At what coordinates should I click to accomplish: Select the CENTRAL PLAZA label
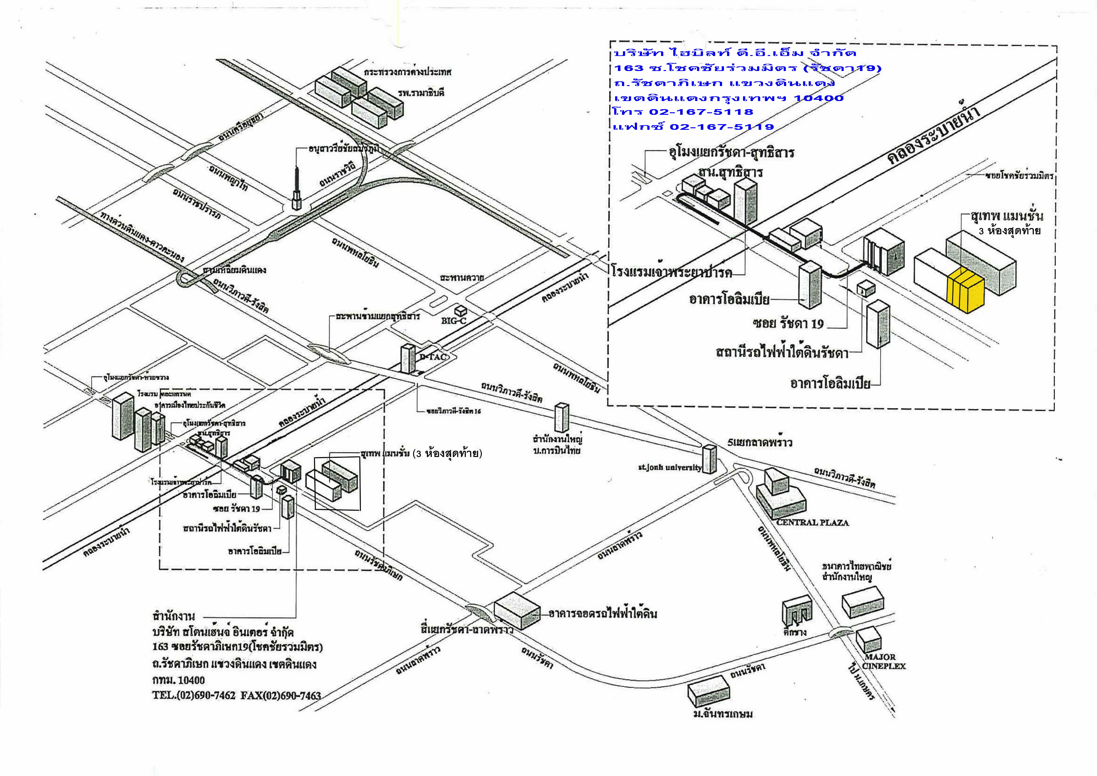[812, 522]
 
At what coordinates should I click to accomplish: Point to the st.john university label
[670, 467]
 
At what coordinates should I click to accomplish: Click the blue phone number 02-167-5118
[700, 112]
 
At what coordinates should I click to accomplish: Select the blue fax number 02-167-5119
[721, 127]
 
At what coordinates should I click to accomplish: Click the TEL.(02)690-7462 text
[194, 696]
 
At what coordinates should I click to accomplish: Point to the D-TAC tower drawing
[407, 358]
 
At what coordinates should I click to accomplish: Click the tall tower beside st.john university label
[710, 459]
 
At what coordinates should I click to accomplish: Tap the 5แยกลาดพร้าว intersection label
[760, 443]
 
